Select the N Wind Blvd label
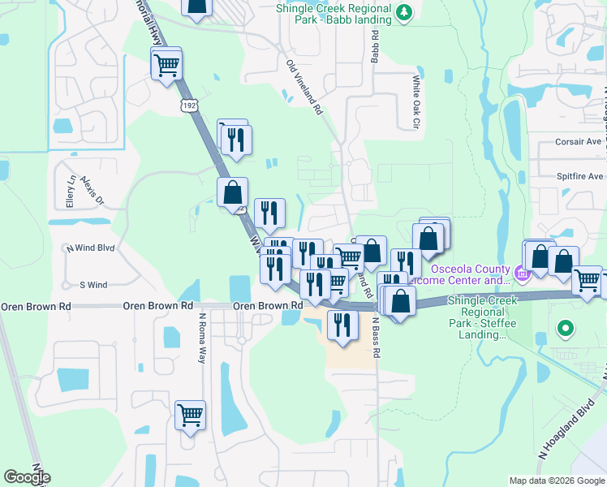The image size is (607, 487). (x=91, y=248)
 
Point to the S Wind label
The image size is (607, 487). (x=93, y=285)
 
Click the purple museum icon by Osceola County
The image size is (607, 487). (x=522, y=274)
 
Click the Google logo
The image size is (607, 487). (x=28, y=477)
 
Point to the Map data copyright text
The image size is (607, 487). (x=555, y=481)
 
